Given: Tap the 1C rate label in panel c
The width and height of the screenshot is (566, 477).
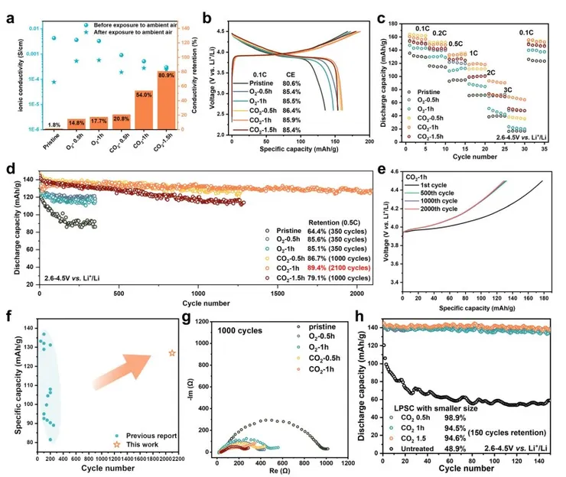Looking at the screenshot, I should pos(473,53).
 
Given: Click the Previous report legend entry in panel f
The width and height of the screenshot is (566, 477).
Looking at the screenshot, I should pos(149,436).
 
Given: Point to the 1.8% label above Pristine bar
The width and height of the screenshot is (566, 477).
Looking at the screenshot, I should pos(54,125).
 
